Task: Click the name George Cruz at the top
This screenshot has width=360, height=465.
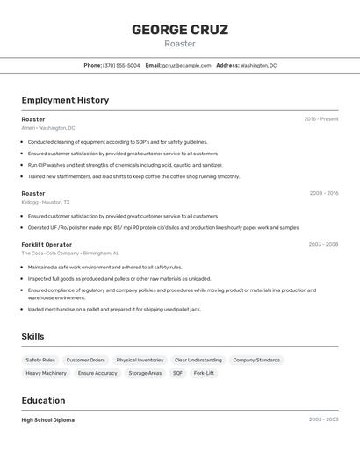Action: (180, 30)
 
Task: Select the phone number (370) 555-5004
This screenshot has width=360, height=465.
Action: (121, 65)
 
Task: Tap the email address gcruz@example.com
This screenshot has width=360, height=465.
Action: (186, 65)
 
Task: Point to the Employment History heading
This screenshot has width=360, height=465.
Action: (65, 100)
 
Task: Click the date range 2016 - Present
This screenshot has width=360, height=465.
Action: (320, 119)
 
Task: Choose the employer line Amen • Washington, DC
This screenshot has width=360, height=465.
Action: (48, 128)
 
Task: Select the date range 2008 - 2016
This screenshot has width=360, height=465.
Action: (323, 193)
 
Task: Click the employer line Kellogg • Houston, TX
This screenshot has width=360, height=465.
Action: (46, 202)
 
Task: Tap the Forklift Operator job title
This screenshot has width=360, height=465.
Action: (47, 244)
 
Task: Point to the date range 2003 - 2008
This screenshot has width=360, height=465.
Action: (323, 244)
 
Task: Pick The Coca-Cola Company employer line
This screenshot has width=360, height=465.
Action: (70, 253)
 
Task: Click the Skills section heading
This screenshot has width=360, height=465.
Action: (32, 336)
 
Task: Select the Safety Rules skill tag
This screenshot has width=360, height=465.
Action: (40, 360)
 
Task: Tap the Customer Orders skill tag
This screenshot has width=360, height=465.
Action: (86, 360)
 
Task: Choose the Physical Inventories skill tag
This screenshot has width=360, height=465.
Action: (140, 360)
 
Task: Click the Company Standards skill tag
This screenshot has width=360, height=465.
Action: (256, 360)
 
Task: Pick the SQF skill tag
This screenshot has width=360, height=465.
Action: (177, 373)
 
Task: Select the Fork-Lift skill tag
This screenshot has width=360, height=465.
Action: (204, 373)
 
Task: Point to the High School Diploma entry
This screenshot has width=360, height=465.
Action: (48, 420)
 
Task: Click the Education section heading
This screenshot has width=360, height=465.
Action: (44, 400)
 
